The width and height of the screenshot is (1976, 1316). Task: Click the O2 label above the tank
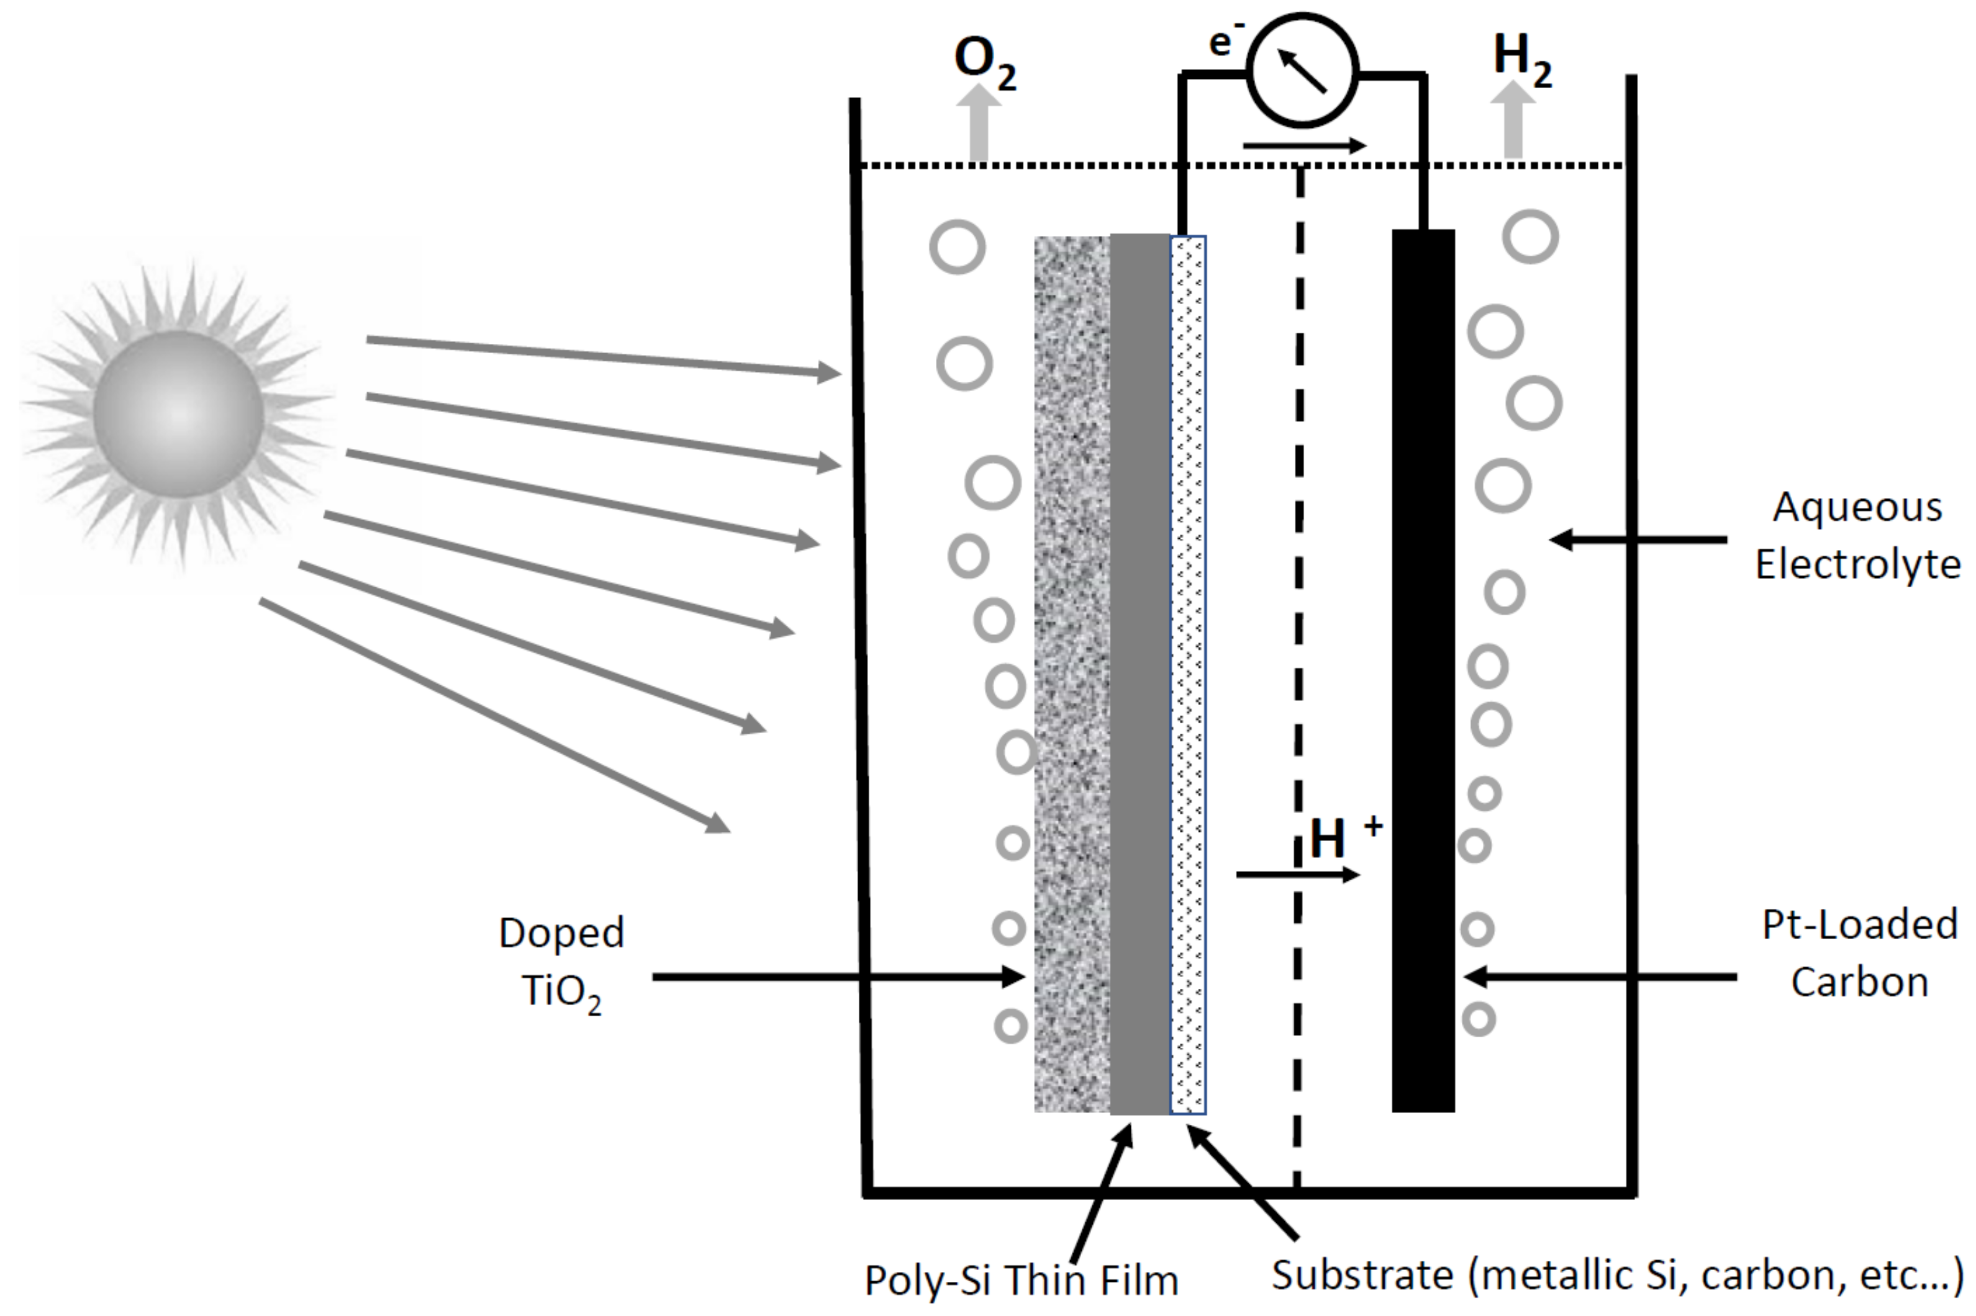(983, 63)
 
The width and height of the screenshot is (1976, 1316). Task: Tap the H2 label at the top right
(1520, 59)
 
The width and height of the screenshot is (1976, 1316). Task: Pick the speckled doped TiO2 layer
(1071, 672)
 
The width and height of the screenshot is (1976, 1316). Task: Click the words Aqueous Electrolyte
(1856, 536)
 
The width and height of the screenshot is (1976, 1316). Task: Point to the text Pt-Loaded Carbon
(1859, 953)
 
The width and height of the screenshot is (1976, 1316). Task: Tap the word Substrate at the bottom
(1362, 1274)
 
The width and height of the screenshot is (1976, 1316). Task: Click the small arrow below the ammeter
(1303, 146)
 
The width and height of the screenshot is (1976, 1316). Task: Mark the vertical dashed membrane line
(1298, 587)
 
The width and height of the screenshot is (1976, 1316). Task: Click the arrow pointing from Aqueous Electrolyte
(1637, 539)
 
